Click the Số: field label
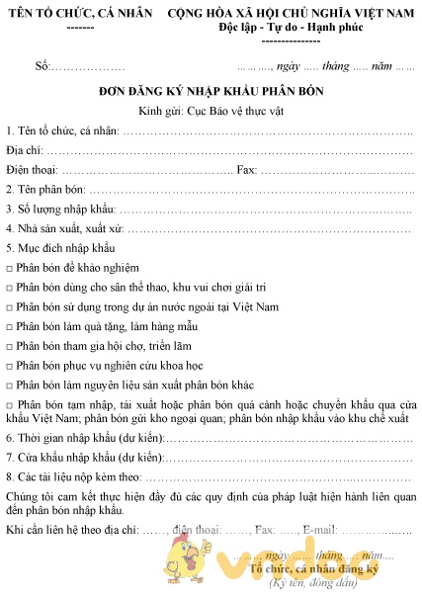pos(42,66)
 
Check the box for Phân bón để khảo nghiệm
pos(9,269)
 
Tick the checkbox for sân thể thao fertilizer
pos(9,288)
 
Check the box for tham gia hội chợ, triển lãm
pos(9,347)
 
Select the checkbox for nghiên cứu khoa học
pos(9,366)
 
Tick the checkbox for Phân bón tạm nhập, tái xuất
pos(9,406)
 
